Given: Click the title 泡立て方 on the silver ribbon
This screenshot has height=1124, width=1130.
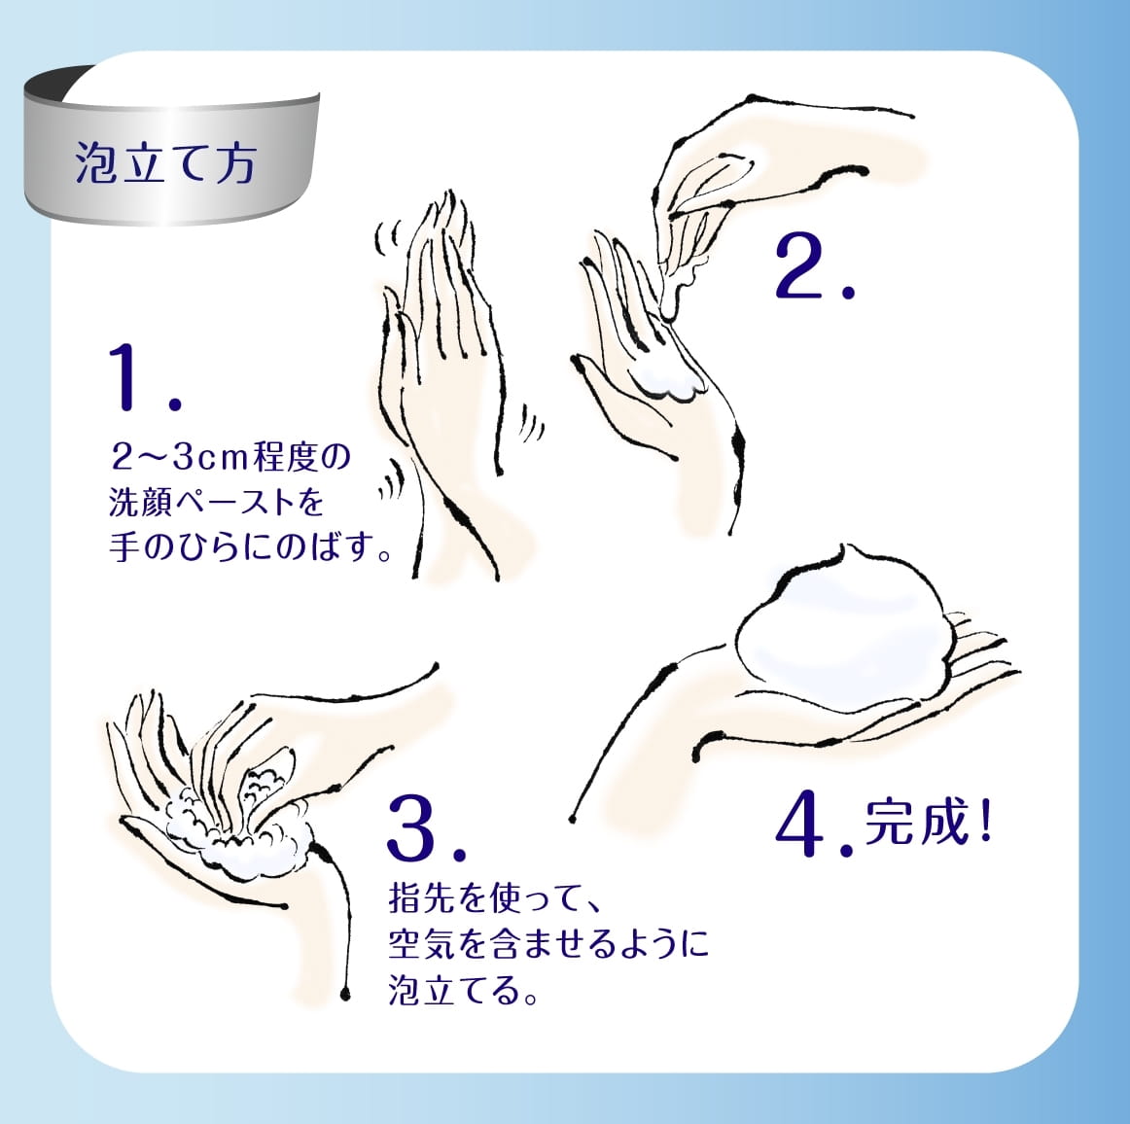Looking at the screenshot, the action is click(165, 162).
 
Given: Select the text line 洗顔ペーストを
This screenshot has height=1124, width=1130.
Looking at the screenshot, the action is click(216, 502).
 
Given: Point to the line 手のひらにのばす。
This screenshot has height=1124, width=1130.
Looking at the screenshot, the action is click(251, 547).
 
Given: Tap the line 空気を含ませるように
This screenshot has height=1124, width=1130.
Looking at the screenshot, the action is click(548, 943).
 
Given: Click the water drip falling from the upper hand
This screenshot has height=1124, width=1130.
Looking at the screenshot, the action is click(670, 296).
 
